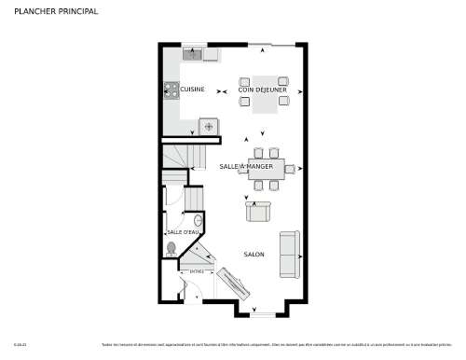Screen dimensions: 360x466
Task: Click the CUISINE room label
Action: pyautogui.click(x=192, y=90)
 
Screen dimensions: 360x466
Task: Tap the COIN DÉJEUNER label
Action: pyautogui.click(x=262, y=90)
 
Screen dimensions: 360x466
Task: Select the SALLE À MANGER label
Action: pyautogui.click(x=246, y=167)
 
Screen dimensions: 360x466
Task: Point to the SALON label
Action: pyautogui.click(x=254, y=254)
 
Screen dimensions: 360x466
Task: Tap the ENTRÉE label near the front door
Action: pyautogui.click(x=196, y=271)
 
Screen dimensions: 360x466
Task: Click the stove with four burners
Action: pyautogui.click(x=171, y=90)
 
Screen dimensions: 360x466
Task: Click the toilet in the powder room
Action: pyautogui.click(x=171, y=248)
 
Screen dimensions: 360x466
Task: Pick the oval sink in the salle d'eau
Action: pyautogui.click(x=198, y=220)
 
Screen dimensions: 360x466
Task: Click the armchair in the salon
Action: pyautogui.click(x=258, y=213)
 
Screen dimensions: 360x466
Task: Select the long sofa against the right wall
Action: pyautogui.click(x=289, y=253)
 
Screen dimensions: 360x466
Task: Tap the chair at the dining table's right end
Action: pyautogui.click(x=290, y=168)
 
